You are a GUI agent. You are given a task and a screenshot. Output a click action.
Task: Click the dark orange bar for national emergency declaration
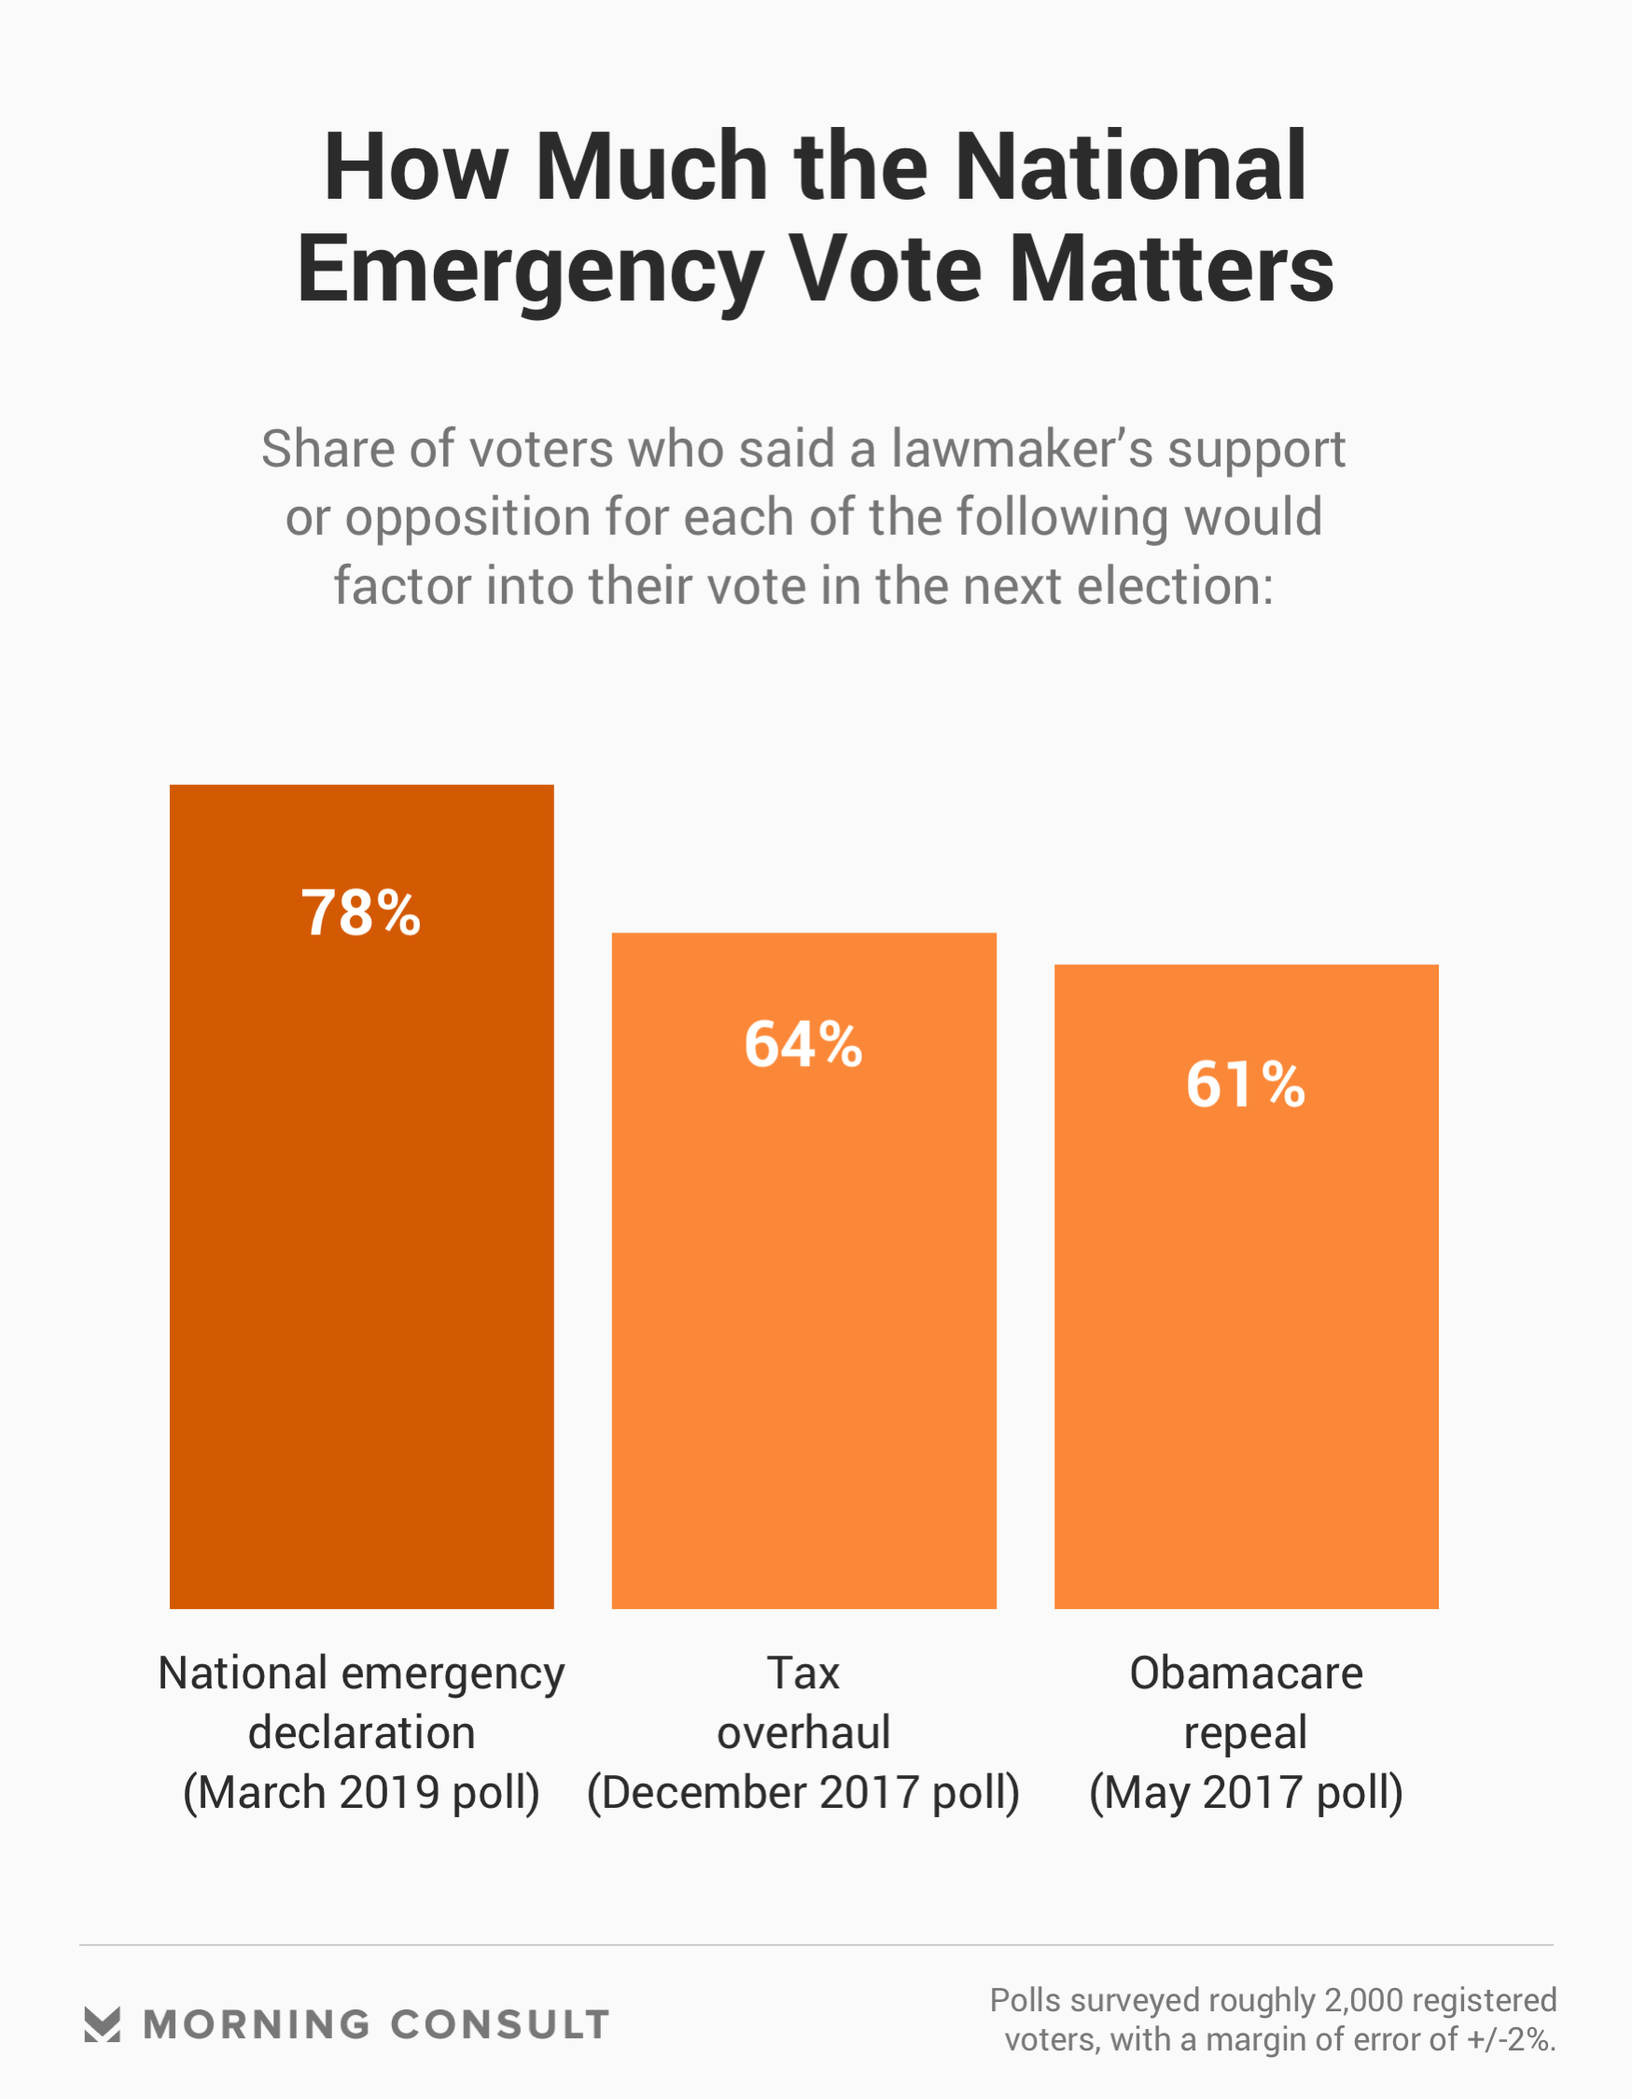(361, 1250)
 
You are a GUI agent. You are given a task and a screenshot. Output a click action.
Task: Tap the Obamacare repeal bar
(1246, 1346)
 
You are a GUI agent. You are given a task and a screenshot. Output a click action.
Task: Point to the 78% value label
(361, 912)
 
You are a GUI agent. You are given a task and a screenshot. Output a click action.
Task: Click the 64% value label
(803, 1043)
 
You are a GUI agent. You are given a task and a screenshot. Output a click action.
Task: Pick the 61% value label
(1246, 1084)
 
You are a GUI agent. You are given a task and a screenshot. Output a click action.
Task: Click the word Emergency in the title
(530, 271)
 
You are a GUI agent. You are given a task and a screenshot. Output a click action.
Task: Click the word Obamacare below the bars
(1246, 1673)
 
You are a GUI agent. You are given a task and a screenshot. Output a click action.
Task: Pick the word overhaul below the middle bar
(803, 1733)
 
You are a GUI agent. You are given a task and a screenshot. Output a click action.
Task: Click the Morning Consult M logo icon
(102, 2025)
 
